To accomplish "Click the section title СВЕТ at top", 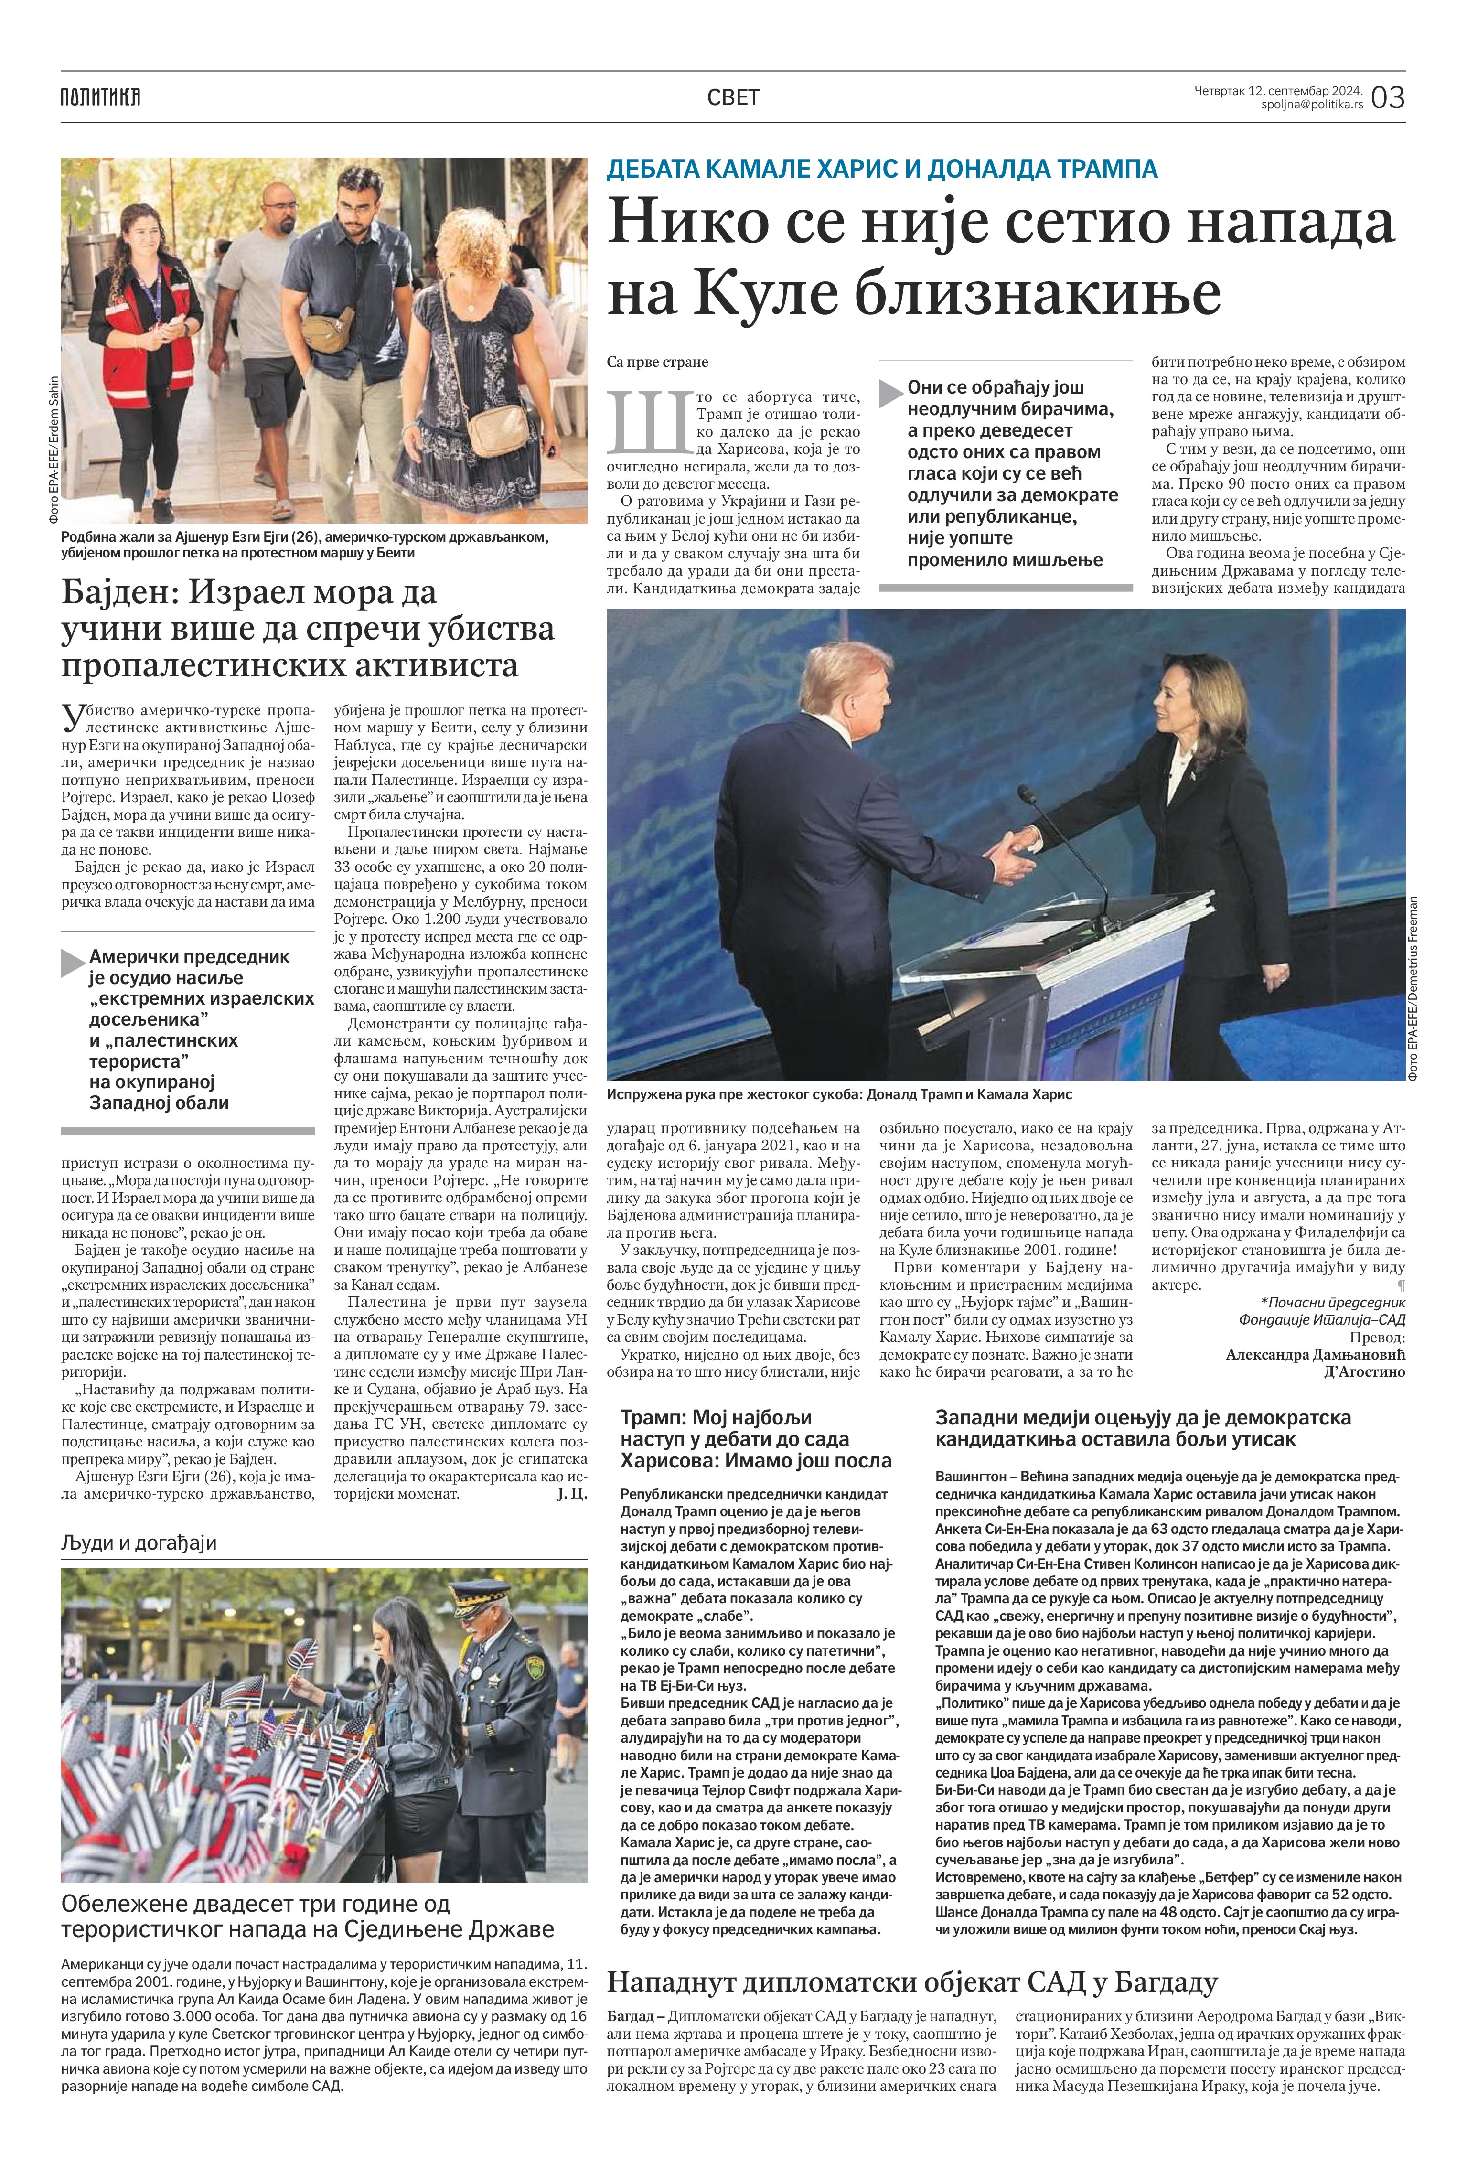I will coord(733,97).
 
